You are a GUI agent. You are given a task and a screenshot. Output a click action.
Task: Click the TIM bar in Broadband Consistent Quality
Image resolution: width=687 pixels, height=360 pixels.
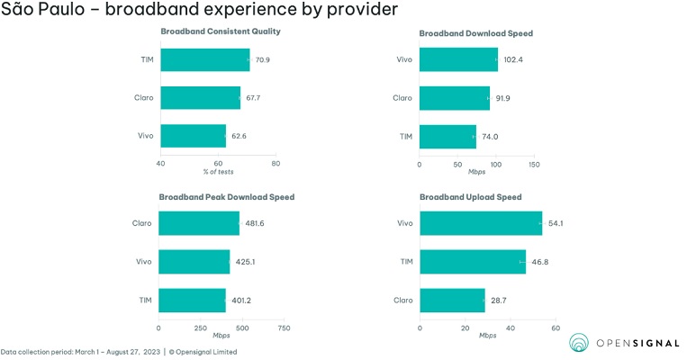[x=204, y=60]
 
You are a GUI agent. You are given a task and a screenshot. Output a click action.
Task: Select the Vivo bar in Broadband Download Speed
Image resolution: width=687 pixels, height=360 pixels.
[x=458, y=59]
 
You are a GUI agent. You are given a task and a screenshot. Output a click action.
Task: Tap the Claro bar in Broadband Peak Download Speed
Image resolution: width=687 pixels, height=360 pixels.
[x=199, y=223]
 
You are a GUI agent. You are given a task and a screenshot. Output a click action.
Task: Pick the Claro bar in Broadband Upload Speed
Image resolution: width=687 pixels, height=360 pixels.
[x=452, y=301]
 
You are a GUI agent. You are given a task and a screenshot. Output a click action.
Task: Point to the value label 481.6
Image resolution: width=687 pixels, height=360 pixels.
[x=255, y=223]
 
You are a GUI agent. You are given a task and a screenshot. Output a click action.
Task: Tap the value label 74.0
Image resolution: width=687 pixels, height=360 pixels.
[x=490, y=136]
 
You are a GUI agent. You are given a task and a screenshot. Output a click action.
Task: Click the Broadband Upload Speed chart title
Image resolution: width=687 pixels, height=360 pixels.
[x=470, y=196]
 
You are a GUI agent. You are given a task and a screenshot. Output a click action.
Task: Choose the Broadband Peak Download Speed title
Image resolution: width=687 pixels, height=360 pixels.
[x=226, y=196]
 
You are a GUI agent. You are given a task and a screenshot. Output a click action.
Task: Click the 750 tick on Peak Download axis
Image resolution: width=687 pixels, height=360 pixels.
[x=284, y=328]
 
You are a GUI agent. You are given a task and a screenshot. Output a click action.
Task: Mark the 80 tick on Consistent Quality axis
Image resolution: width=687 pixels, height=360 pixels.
[x=276, y=164]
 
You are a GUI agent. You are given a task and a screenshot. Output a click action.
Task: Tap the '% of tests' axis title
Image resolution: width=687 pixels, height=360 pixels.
[x=218, y=172]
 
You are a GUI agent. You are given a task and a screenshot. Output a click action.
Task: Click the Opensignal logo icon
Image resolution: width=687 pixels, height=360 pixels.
[x=579, y=343]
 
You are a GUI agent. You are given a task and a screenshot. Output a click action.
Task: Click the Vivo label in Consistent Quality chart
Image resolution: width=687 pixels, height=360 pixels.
[x=143, y=136]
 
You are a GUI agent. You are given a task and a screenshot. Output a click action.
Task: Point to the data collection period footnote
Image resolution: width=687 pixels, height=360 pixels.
[x=119, y=352]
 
